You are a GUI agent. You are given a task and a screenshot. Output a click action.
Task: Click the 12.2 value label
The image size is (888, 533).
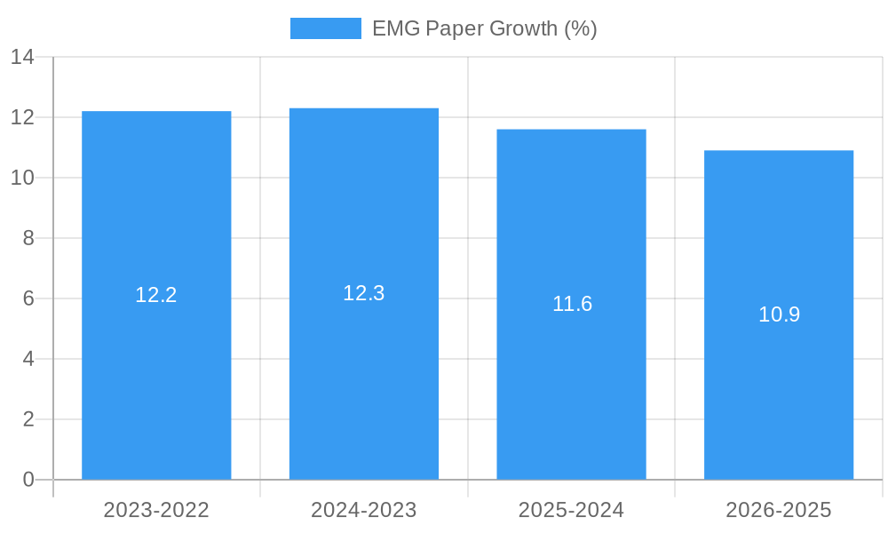(156, 295)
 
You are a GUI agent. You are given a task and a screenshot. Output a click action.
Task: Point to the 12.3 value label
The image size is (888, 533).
(364, 293)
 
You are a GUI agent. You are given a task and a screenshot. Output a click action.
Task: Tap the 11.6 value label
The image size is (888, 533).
(572, 304)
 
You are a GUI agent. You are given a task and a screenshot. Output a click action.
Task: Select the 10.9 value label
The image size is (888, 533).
(779, 314)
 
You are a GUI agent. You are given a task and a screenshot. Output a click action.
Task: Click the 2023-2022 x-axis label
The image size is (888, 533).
(156, 510)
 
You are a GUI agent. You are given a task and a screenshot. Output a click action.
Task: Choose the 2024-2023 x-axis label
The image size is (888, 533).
(364, 510)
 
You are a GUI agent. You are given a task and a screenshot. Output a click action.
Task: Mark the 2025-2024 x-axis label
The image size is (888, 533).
(571, 510)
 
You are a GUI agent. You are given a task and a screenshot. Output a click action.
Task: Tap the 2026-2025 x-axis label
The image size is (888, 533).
(779, 510)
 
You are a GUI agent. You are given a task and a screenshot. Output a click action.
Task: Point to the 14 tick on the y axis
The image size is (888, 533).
(22, 58)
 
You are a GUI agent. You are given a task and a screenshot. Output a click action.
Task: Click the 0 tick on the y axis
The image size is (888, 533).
(28, 480)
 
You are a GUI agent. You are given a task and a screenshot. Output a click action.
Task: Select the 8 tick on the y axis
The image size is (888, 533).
(28, 238)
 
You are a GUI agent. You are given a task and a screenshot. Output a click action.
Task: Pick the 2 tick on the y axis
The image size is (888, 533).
(28, 419)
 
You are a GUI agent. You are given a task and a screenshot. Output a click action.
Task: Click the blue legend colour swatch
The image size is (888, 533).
(325, 28)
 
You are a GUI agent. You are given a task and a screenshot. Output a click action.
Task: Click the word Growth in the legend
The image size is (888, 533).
(523, 28)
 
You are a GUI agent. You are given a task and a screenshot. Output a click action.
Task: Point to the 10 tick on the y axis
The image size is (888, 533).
(22, 178)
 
